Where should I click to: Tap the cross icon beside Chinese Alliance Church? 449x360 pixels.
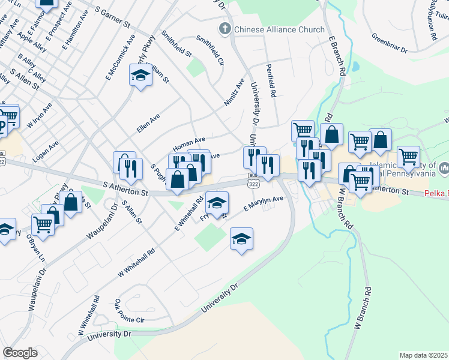click(x=225, y=29)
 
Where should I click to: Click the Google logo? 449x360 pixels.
click(x=20, y=353)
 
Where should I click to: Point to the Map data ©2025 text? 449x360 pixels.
click(x=423, y=355)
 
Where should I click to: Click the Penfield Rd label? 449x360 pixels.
click(x=271, y=81)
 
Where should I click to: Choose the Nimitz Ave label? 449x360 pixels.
click(x=235, y=92)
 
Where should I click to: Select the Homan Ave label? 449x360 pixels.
click(x=189, y=143)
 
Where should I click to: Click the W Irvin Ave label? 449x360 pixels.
click(x=39, y=115)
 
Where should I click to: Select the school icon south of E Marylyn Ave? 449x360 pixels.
click(x=241, y=239)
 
